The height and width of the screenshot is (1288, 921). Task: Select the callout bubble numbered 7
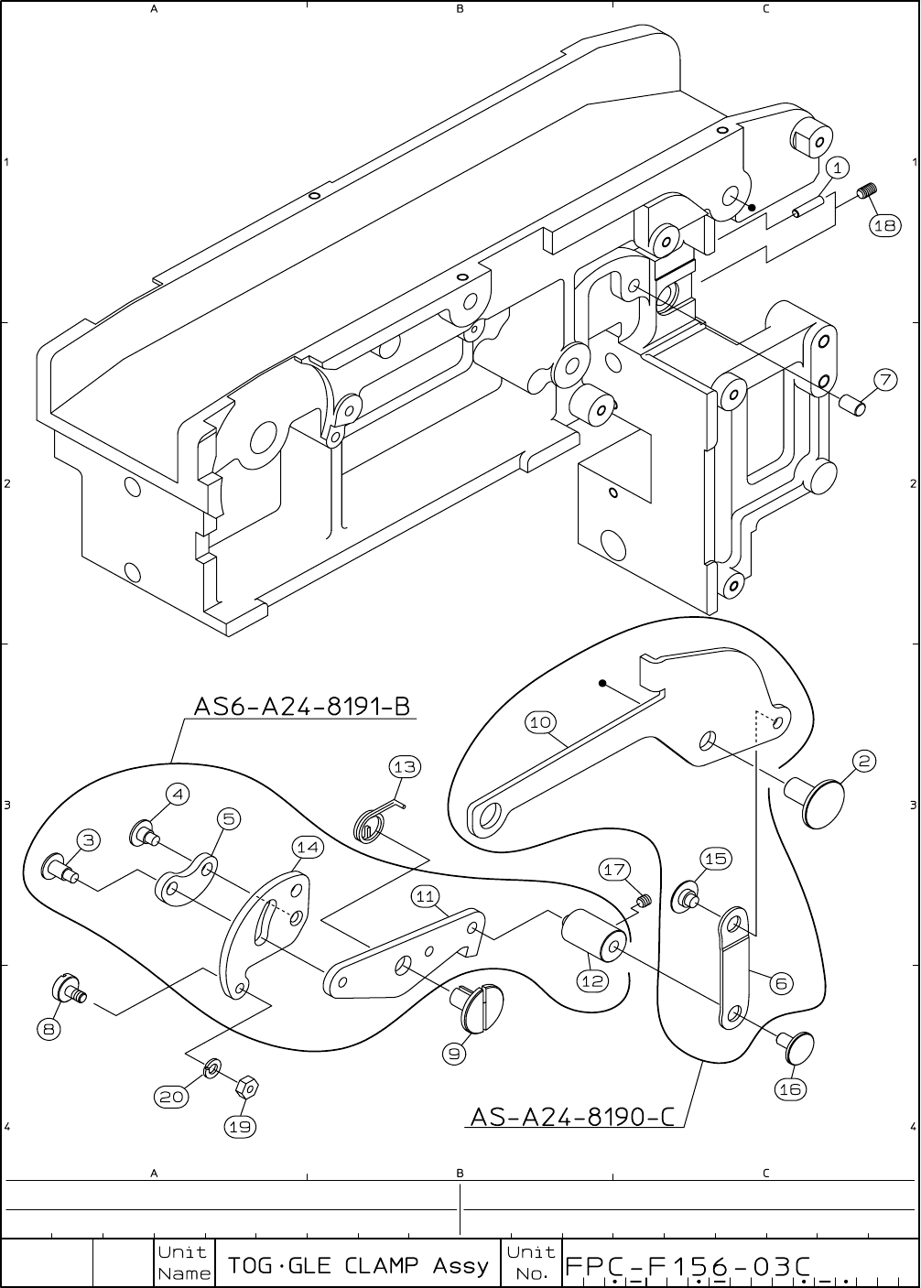[884, 380]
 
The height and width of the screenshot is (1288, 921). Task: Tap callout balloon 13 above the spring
[405, 766]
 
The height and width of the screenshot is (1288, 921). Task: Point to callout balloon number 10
[540, 722]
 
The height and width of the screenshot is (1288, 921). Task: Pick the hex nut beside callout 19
[245, 1088]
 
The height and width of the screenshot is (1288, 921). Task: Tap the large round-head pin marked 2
[821, 803]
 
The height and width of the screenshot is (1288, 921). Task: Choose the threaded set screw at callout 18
[868, 192]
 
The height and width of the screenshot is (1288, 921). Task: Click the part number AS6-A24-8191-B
[301, 707]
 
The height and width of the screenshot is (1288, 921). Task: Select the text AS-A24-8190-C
[572, 1117]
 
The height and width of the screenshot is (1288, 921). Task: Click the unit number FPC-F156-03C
[688, 1266]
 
